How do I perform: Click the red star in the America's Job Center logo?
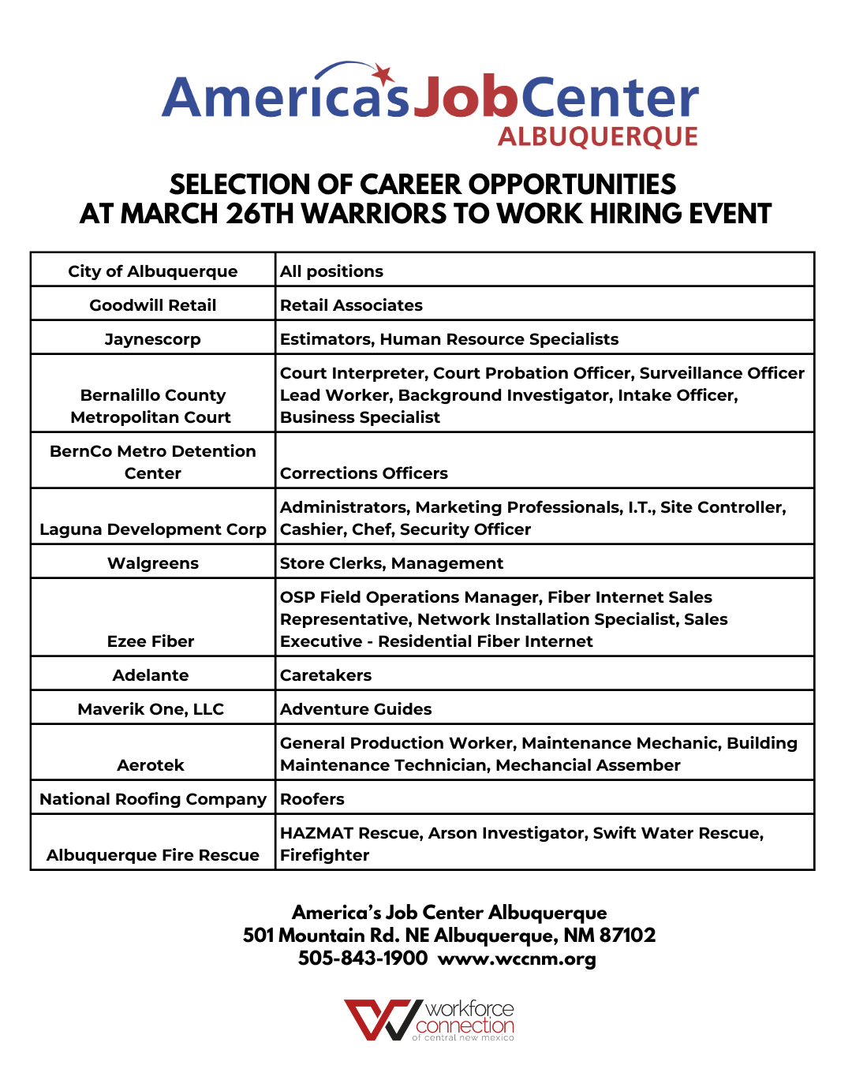tap(383, 75)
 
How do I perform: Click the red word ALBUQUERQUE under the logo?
tap(597, 137)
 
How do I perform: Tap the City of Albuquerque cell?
tap(152, 271)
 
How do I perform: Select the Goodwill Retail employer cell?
tap(152, 305)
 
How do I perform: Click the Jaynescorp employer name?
tap(152, 339)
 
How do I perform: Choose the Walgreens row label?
tap(152, 563)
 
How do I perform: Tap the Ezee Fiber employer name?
tap(151, 641)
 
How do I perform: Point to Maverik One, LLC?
tap(151, 709)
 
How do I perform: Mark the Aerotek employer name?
tap(151, 765)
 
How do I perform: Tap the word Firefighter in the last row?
tap(324, 855)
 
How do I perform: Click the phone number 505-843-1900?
tap(362, 958)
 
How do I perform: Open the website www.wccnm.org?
tap(517, 959)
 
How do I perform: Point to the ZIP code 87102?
tap(627, 936)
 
